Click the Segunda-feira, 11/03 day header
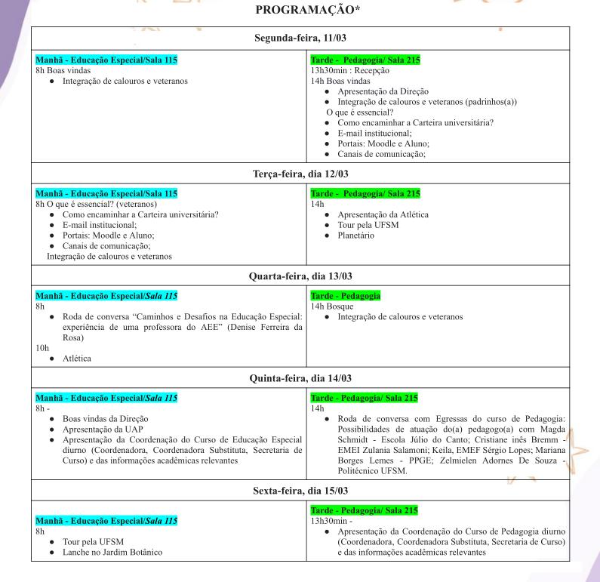pyautogui.click(x=300, y=37)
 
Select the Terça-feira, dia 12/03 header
pyautogui.click(x=300, y=174)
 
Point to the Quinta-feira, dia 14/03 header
pyautogui.click(x=300, y=377)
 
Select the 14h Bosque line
pyautogui.click(x=332, y=306)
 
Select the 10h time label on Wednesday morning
pyautogui.click(x=42, y=349)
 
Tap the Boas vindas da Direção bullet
pyautogui.click(x=110, y=417)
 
